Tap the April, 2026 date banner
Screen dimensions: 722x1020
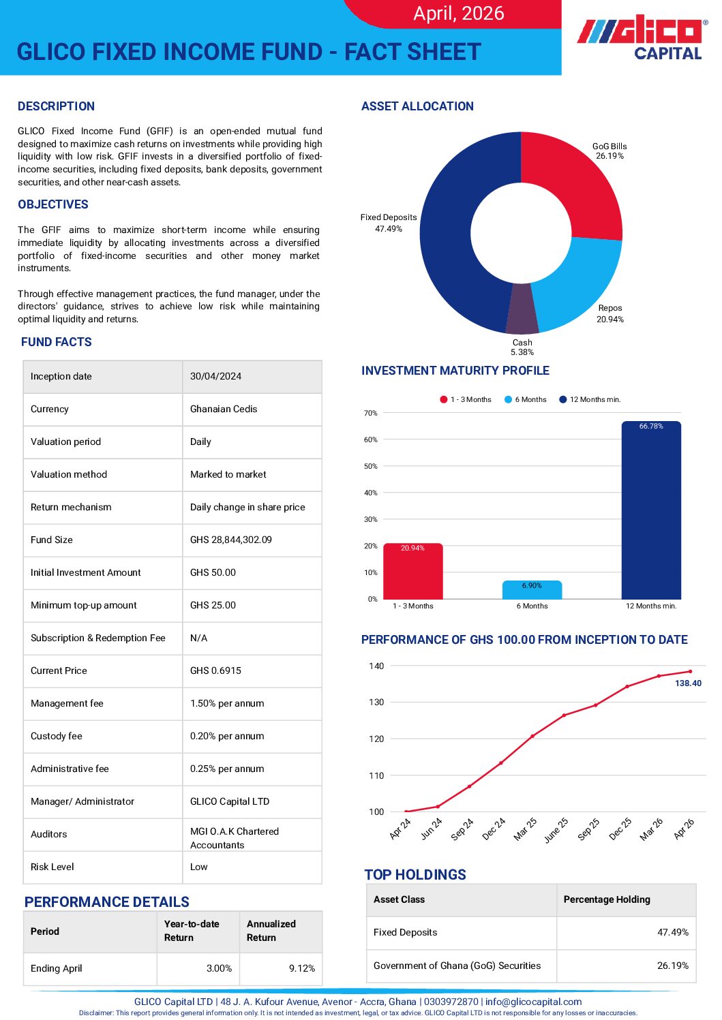coord(458,13)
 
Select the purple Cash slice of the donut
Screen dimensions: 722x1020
coord(522,308)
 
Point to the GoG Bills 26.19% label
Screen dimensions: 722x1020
coord(610,151)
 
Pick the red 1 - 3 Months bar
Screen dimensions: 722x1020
coord(412,571)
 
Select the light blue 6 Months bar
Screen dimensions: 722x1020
coord(532,590)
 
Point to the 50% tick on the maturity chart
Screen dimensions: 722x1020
coord(371,466)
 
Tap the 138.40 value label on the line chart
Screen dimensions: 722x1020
coord(688,683)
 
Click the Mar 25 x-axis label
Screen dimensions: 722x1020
coord(525,829)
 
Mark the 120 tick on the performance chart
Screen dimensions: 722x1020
coord(376,739)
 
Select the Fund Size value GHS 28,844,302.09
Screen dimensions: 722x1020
coord(231,540)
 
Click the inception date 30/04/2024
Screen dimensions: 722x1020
coord(215,376)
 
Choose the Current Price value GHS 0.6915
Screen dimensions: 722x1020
coord(215,670)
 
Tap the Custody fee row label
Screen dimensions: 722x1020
coord(57,736)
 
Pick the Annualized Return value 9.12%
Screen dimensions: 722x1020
coord(302,968)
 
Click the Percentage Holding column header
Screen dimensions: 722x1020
coord(607,899)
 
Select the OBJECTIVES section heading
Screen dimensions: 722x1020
coord(53,204)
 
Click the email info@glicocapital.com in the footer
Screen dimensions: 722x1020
coord(533,1002)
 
